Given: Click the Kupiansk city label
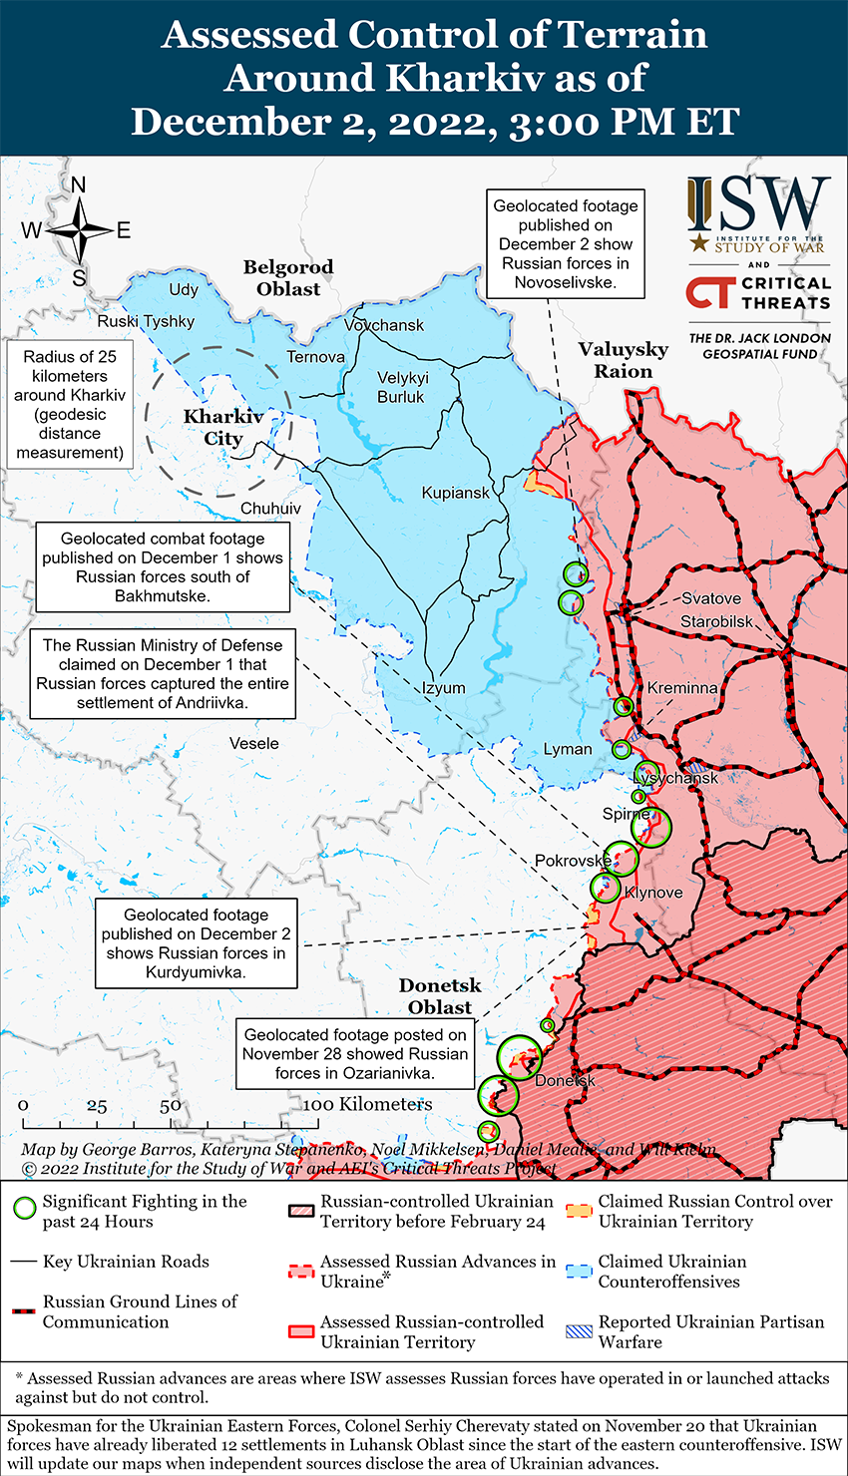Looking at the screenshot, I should (x=456, y=493).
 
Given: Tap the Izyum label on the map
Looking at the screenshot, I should (x=443, y=688).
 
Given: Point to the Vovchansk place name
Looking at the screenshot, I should (x=384, y=325).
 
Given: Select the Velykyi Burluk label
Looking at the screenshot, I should (x=401, y=387).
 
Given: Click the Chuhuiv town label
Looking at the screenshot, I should (x=270, y=509).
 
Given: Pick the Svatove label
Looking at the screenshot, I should (x=711, y=598).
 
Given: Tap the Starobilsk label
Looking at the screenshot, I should (x=717, y=622).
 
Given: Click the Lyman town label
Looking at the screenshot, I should (x=568, y=749).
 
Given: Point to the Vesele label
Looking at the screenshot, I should (x=254, y=743).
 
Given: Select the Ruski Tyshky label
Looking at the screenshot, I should (x=146, y=321).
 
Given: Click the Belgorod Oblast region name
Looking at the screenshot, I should (x=288, y=278).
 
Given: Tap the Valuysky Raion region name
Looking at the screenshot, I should (x=624, y=360).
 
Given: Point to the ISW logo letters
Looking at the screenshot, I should (x=758, y=205).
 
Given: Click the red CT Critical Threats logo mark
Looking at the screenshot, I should (x=709, y=292).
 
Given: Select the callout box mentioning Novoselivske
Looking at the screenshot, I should (x=566, y=244).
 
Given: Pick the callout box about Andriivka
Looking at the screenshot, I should (x=163, y=674).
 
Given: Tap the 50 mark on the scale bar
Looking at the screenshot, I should (x=170, y=1106).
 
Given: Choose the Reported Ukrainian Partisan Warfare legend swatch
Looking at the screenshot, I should (x=580, y=1331).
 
